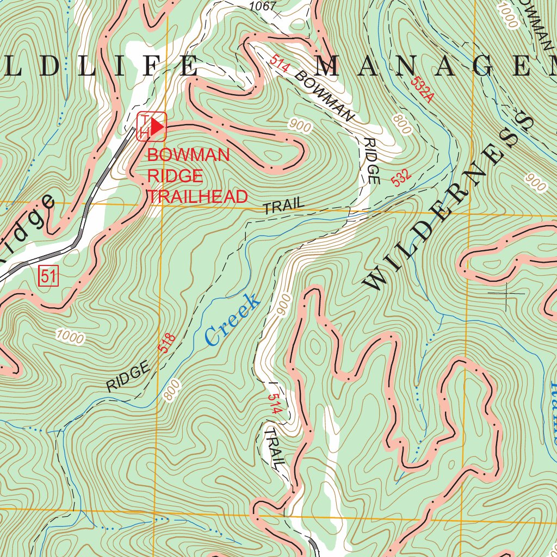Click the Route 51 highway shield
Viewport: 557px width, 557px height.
(x=48, y=276)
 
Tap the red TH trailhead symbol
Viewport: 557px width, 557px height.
(x=152, y=127)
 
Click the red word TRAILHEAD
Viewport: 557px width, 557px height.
(x=198, y=197)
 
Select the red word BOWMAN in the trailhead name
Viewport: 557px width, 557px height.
(x=188, y=155)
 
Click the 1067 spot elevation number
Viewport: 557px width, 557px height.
(x=263, y=7)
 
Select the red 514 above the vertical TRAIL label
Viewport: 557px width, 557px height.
(x=275, y=404)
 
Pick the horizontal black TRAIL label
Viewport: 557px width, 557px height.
(x=283, y=206)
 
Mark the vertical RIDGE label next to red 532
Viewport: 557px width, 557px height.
(x=372, y=160)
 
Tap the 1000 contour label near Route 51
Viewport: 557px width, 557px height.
(x=70, y=337)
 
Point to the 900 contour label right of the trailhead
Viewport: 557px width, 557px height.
(x=300, y=127)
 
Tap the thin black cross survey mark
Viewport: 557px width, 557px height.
(x=506, y=293)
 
